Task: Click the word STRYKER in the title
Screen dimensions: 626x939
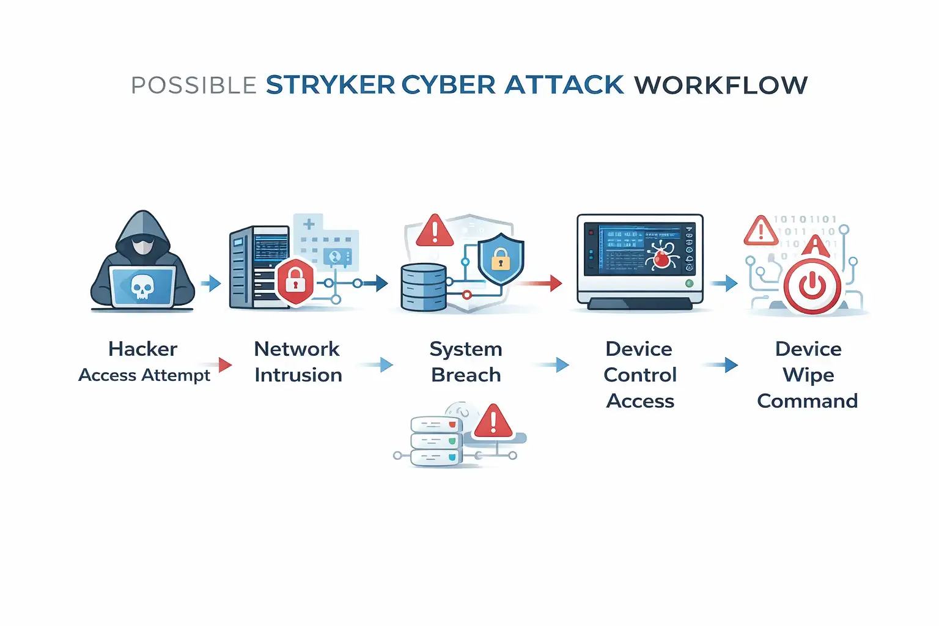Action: pyautogui.click(x=330, y=85)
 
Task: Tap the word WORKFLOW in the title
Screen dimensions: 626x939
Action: pyautogui.click(x=721, y=85)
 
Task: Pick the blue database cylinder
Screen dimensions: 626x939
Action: pyautogui.click(x=424, y=287)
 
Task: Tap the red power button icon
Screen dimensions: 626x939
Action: pyautogui.click(x=812, y=285)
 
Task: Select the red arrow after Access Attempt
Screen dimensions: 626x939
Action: pyautogui.click(x=223, y=365)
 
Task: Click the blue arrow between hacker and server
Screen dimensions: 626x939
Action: pyautogui.click(x=212, y=283)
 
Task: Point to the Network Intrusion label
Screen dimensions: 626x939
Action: pyautogui.click(x=298, y=362)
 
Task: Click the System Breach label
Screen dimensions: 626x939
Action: pyautogui.click(x=466, y=362)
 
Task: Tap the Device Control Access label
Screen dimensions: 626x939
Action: pyautogui.click(x=639, y=375)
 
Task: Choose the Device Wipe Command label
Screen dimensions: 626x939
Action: pyautogui.click(x=808, y=375)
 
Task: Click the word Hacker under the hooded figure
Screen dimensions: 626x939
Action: pyautogui.click(x=142, y=348)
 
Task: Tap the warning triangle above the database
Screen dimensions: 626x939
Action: pyautogui.click(x=435, y=231)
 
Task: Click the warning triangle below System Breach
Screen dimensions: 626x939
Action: pyautogui.click(x=493, y=421)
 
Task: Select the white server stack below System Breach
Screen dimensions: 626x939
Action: pyautogui.click(x=436, y=441)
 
